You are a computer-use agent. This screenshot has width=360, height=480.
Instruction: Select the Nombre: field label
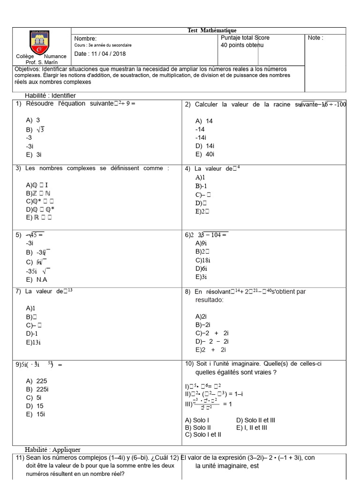point(85,38)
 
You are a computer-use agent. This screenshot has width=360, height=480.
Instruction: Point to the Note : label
point(315,38)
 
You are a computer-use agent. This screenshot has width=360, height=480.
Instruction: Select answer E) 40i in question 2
point(205,154)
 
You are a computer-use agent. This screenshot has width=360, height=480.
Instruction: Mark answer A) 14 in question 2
point(204,121)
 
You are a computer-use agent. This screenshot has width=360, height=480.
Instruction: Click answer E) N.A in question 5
point(37,280)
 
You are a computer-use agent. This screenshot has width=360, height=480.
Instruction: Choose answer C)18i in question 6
point(203,260)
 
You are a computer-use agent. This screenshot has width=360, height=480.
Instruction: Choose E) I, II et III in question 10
point(252,427)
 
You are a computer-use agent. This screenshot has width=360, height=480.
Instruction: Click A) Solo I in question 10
point(197,420)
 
